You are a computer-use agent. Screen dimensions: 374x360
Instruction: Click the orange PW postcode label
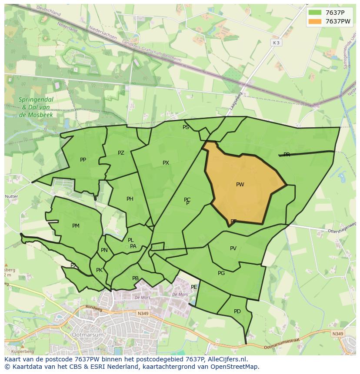click(x=240, y=185)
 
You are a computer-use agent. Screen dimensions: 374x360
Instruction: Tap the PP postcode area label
click(x=83, y=160)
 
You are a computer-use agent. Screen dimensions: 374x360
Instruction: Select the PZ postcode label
click(x=121, y=153)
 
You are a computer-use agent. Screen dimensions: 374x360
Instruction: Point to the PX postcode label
click(x=166, y=163)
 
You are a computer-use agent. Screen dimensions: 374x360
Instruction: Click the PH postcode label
click(x=130, y=199)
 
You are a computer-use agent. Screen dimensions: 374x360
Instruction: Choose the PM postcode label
click(x=76, y=226)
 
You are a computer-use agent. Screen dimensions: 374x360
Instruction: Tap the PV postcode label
click(x=233, y=248)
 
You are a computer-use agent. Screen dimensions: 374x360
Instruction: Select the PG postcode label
click(x=221, y=273)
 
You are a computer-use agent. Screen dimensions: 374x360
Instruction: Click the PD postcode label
click(x=237, y=311)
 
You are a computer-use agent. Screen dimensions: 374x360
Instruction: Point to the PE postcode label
click(x=194, y=287)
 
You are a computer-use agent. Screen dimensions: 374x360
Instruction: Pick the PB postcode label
click(x=135, y=278)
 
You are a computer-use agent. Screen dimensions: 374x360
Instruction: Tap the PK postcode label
click(x=99, y=270)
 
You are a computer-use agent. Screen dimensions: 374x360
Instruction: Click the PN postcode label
click(x=104, y=250)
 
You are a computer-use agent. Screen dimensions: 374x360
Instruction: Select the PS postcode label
click(x=186, y=127)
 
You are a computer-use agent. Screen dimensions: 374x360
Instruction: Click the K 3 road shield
click(x=276, y=43)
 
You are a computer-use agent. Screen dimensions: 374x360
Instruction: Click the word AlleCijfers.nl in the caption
click(x=227, y=359)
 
